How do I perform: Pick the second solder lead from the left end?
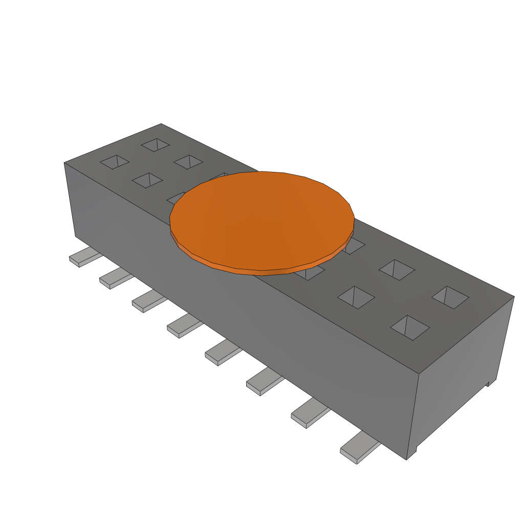115,278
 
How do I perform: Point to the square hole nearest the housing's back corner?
155,145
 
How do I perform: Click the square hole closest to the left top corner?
116,162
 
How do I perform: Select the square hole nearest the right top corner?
450,297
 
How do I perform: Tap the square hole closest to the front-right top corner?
410,327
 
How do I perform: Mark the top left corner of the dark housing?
64,163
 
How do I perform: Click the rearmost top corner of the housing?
161,124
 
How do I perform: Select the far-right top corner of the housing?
514,296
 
